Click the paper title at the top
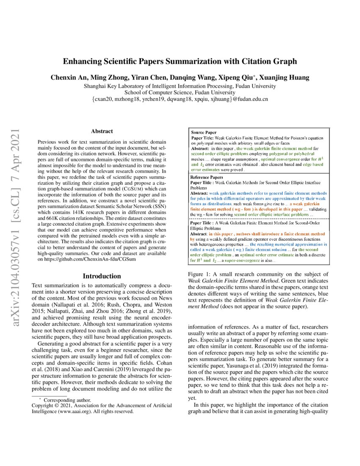(x=180, y=61)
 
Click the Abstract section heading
(x=102, y=132)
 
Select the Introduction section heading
(x=102, y=276)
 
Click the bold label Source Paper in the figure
(x=204, y=132)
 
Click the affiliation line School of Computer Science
(x=180, y=92)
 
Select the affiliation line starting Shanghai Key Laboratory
(x=180, y=86)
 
